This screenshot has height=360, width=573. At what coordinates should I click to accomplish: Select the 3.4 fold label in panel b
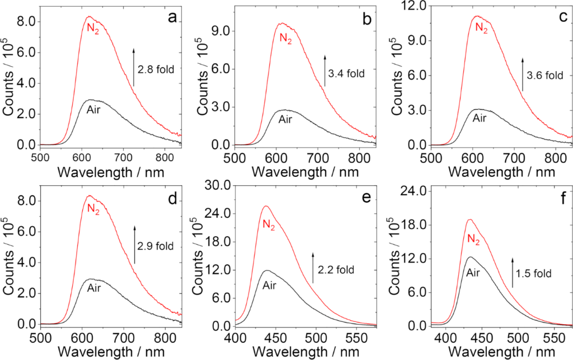347,73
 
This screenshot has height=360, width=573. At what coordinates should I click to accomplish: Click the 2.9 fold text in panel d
157,246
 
